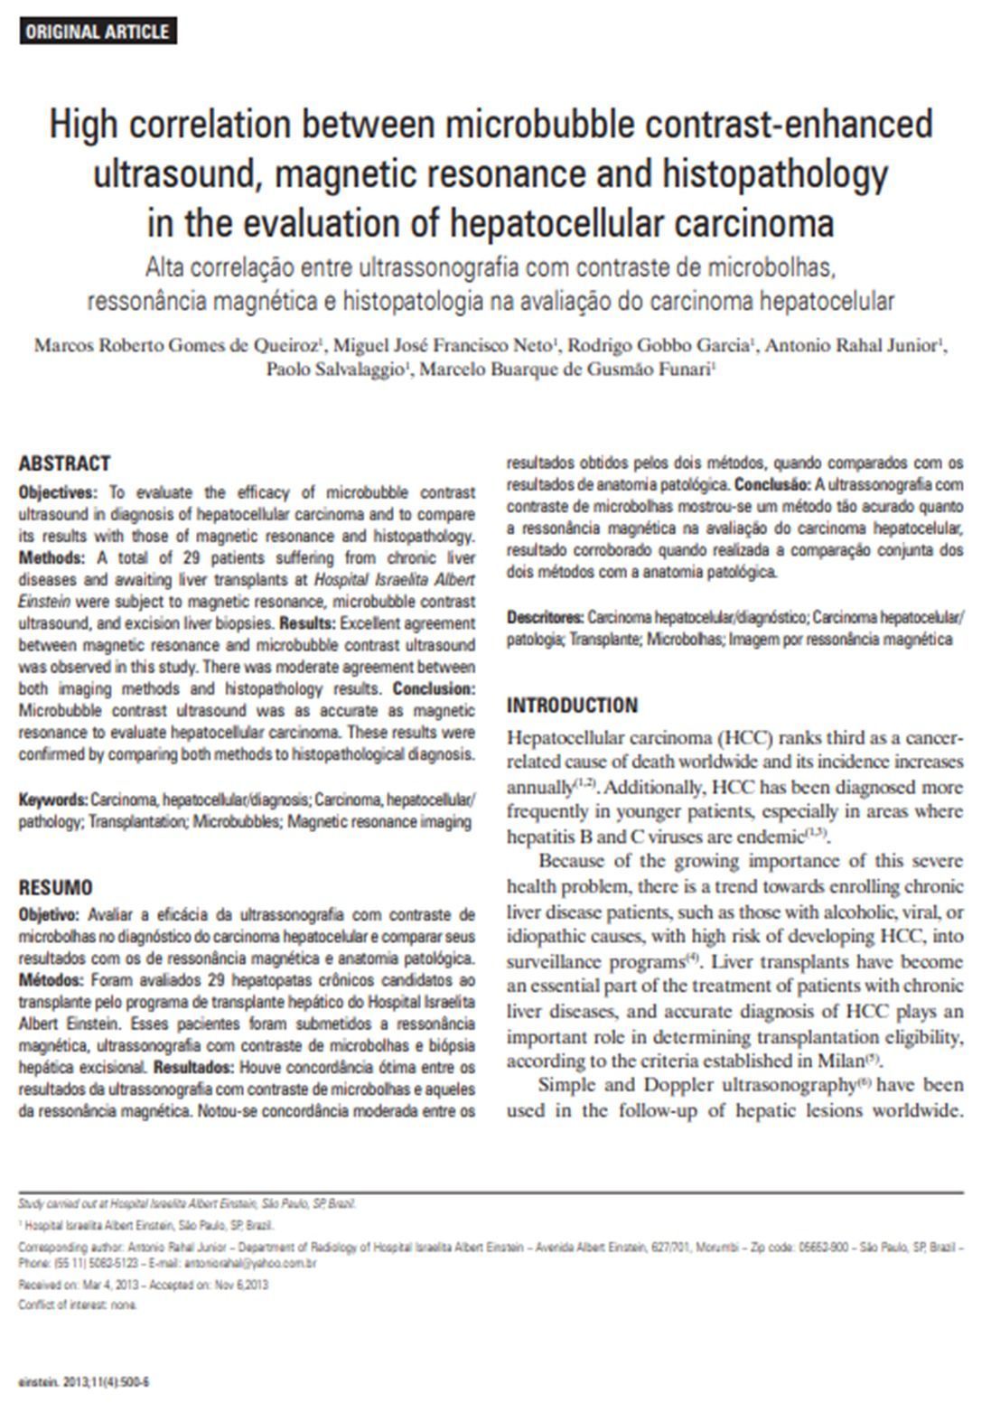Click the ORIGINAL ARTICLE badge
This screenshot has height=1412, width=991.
point(97,32)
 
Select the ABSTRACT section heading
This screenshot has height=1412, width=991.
point(64,463)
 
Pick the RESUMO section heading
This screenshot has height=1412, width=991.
point(56,888)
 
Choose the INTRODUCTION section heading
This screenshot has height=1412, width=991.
point(572,706)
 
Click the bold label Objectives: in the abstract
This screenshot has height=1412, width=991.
point(57,493)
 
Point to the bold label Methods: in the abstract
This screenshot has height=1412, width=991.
point(51,558)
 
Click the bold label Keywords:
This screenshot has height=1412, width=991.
point(53,800)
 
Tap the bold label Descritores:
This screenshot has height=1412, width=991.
point(545,618)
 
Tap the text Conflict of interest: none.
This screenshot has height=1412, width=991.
point(78,1305)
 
